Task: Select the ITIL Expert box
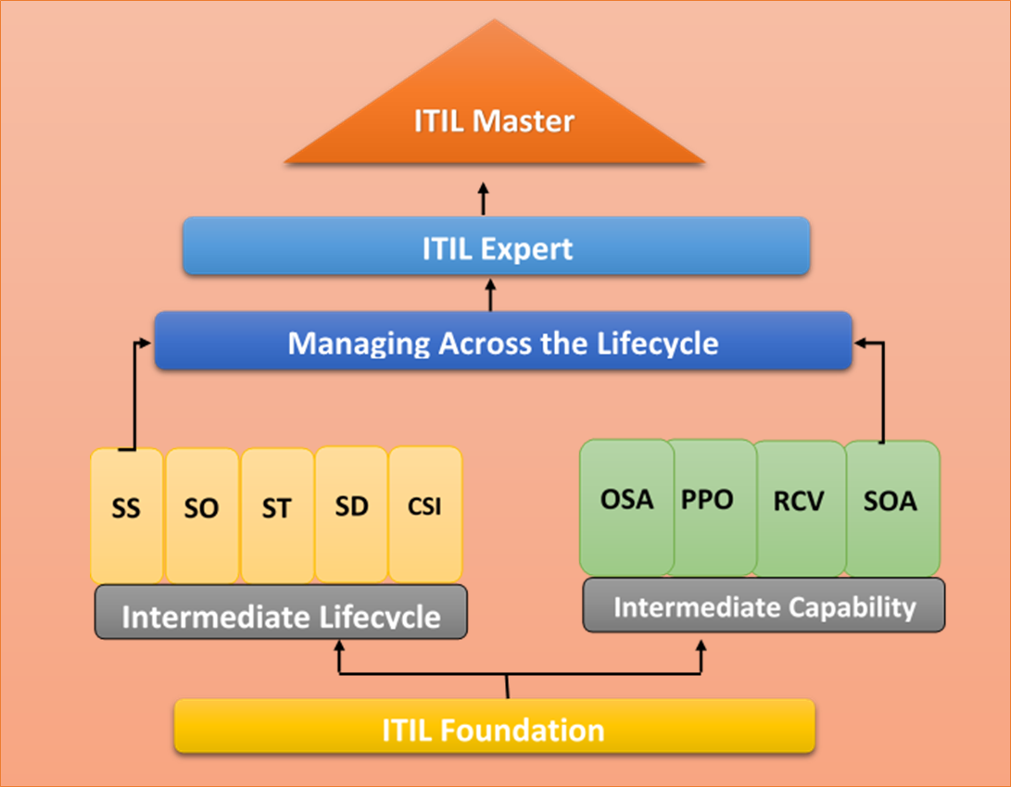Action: pos(498,247)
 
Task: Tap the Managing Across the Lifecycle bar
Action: pos(503,343)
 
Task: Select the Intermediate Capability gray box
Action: pos(764,606)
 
